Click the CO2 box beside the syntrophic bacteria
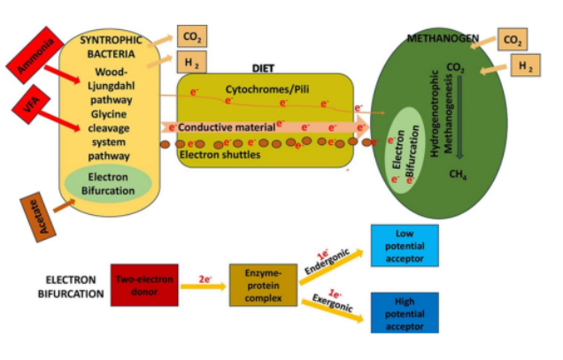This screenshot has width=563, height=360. [x=191, y=36]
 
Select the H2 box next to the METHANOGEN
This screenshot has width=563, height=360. [x=524, y=66]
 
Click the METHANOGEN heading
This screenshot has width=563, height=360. [x=443, y=39]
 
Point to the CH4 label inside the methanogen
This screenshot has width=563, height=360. [x=459, y=175]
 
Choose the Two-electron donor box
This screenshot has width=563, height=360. [x=144, y=284]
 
